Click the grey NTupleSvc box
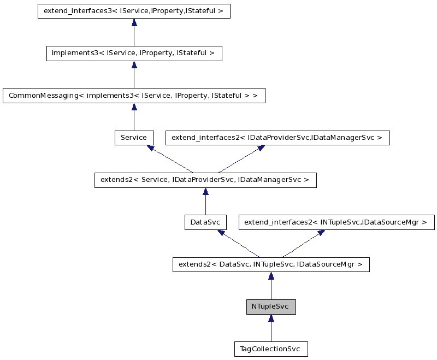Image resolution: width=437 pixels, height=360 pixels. click(270, 307)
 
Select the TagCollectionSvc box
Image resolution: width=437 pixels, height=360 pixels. click(270, 349)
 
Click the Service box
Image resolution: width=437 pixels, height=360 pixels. click(134, 138)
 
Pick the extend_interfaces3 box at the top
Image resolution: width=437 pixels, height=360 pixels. click(134, 11)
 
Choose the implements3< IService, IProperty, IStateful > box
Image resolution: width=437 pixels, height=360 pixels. click(134, 54)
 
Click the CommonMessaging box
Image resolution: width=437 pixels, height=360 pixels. click(134, 96)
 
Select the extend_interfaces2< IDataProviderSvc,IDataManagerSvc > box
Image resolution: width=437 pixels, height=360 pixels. click(277, 138)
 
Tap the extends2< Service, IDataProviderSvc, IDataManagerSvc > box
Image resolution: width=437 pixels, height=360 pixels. click(205, 180)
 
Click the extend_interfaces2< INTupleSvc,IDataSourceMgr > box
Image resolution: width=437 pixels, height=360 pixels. click(336, 222)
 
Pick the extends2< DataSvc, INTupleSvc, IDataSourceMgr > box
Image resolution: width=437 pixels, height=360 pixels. click(270, 265)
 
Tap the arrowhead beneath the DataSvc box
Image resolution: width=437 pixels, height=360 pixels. click(221, 233)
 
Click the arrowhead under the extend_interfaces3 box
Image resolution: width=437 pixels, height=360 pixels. click(134, 22)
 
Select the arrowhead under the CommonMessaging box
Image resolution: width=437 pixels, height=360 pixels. click(134, 107)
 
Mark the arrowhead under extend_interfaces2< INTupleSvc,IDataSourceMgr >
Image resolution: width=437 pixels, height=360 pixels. click(321, 233)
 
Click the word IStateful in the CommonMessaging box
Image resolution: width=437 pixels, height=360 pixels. click(229, 96)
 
